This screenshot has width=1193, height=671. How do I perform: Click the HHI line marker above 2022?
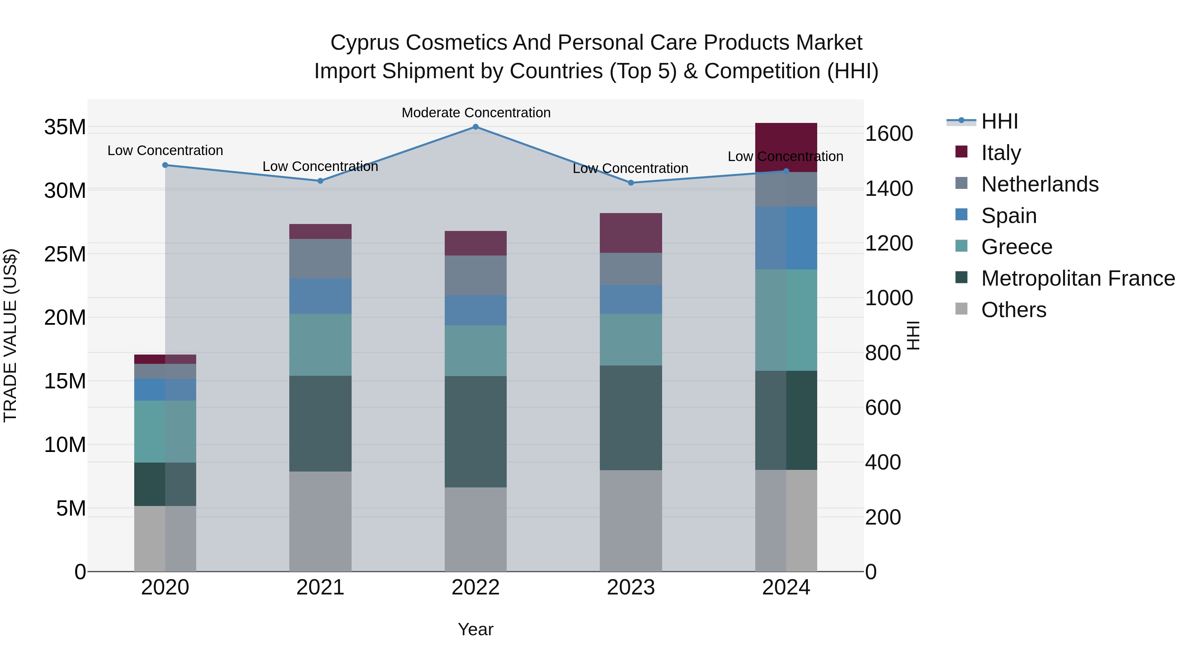476,127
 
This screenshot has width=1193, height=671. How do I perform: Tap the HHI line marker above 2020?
165,165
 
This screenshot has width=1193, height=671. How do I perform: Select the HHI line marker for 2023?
631,183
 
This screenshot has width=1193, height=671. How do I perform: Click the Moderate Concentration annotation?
476,113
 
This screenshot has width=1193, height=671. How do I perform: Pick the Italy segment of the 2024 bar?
786,139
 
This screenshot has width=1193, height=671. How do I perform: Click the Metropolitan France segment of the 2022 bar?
476,431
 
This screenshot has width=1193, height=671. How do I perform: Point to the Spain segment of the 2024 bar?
786,238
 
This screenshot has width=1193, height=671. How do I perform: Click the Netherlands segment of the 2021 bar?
320,258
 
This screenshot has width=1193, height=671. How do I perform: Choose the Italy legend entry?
1001,152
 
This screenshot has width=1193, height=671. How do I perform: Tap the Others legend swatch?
961,309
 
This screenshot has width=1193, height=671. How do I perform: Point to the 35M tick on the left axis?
65,127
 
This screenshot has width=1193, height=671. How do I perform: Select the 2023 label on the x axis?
631,587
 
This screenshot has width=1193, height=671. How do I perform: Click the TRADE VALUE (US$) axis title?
10,335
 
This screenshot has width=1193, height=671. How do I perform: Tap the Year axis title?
476,629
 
